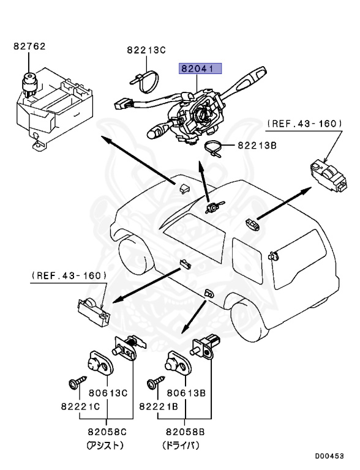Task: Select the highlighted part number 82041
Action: (x=200, y=69)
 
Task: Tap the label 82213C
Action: (x=146, y=51)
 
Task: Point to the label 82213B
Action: (x=250, y=146)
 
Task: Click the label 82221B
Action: (x=158, y=406)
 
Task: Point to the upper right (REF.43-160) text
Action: (x=304, y=124)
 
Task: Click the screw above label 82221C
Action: (x=74, y=384)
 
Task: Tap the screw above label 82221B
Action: (x=152, y=383)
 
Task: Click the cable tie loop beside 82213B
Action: (x=212, y=147)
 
